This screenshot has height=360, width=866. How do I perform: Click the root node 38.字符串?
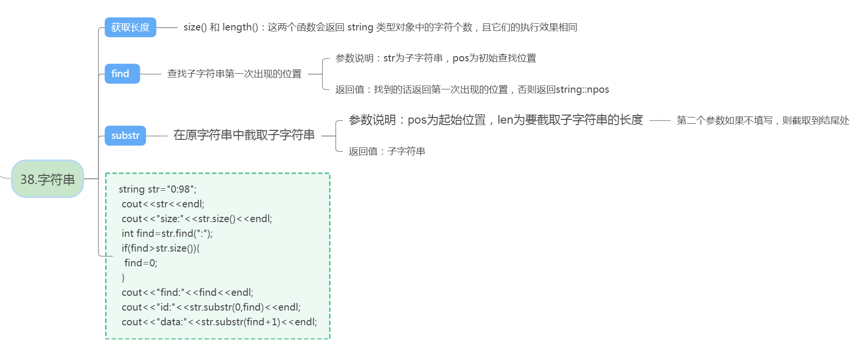pos(48,179)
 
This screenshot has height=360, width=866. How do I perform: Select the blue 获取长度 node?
pos(130,28)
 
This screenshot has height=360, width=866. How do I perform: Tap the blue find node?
pos(122,74)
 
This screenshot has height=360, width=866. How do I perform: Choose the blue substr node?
pos(125,136)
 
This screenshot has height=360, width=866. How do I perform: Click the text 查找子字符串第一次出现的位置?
pos(234,74)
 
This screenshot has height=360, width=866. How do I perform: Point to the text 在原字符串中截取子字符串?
pos(243,135)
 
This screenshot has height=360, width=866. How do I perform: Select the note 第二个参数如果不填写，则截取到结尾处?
pos(762,120)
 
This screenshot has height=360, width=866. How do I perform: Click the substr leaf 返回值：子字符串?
pos(387,151)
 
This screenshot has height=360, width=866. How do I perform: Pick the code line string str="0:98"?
pos(157,189)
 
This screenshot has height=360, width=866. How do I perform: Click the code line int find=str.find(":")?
pos(167,234)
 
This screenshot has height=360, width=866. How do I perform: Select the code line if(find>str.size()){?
pos(160,248)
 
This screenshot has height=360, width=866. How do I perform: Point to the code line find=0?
pos(140,263)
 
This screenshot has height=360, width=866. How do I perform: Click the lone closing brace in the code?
pos(123,278)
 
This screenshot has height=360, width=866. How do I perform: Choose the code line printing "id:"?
pos(211,307)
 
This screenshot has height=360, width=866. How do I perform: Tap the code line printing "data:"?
pos(219,322)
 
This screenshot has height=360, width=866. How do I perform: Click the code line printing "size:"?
pos(196,219)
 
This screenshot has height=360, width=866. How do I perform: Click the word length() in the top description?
pos(240,28)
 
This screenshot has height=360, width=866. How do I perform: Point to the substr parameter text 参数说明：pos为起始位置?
pos(417,120)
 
